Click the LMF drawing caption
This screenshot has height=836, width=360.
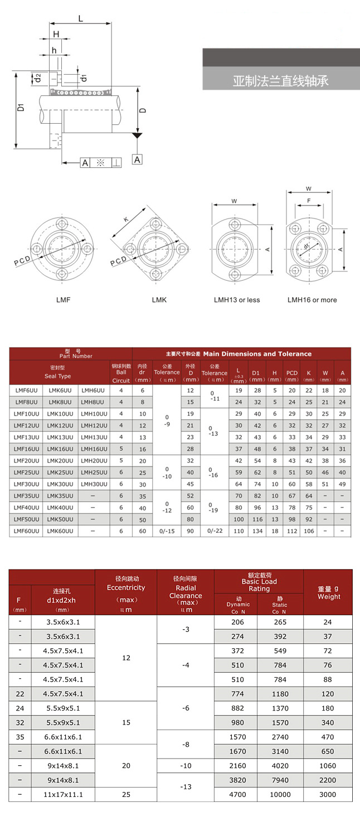pyautogui.click(x=63, y=300)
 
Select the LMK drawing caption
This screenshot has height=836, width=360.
pyautogui.click(x=159, y=300)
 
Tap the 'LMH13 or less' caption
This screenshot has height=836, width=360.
pyautogui.click(x=237, y=300)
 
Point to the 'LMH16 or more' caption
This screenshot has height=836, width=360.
pyautogui.click(x=312, y=300)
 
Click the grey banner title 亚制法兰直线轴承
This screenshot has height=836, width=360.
pyautogui.click(x=280, y=81)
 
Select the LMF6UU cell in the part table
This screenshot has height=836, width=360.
pyautogui.click(x=26, y=391)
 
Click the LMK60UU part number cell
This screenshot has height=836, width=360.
pyautogui.click(x=60, y=531)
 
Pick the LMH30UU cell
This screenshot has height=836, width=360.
pyautogui.click(x=94, y=484)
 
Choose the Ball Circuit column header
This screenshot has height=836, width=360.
pyautogui.click(x=121, y=372)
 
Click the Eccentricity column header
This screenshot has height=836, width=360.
pyautogui.click(x=126, y=587)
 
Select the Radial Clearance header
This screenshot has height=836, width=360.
pyautogui.click(x=186, y=591)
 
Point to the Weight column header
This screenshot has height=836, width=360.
pyautogui.click(x=328, y=592)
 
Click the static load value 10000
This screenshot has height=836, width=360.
pyautogui.click(x=280, y=795)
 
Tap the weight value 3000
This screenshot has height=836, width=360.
pyautogui.click(x=328, y=795)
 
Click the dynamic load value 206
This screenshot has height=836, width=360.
pyautogui.click(x=238, y=621)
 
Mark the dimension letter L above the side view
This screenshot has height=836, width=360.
pyautogui.click(x=81, y=18)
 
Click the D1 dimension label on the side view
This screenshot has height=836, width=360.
pyautogui.click(x=21, y=106)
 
